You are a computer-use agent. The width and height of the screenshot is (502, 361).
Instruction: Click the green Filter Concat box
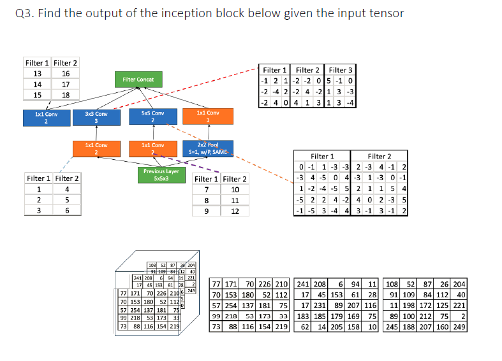pyautogui.click(x=138, y=80)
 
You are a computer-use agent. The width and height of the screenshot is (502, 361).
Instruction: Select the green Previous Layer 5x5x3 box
pyautogui.click(x=161, y=174)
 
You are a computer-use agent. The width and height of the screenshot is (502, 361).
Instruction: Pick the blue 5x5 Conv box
pyautogui.click(x=152, y=117)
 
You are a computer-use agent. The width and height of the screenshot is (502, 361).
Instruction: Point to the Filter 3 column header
pyautogui.click(x=340, y=70)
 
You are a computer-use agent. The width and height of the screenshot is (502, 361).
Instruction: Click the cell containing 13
pyautogui.click(x=38, y=73)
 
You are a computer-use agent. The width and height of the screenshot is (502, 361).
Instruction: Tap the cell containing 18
pyautogui.click(x=66, y=95)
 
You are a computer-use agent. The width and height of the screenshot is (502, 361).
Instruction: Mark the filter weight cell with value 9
pyautogui.click(x=207, y=211)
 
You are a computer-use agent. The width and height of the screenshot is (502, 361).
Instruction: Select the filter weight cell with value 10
pyautogui.click(x=235, y=189)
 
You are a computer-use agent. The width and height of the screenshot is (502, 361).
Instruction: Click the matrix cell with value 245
pyautogui.click(x=393, y=327)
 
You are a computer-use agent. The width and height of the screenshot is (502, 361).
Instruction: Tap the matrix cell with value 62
pyautogui.click(x=306, y=327)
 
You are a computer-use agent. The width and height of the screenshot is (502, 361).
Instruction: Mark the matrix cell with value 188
pyautogui.click(x=413, y=327)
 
